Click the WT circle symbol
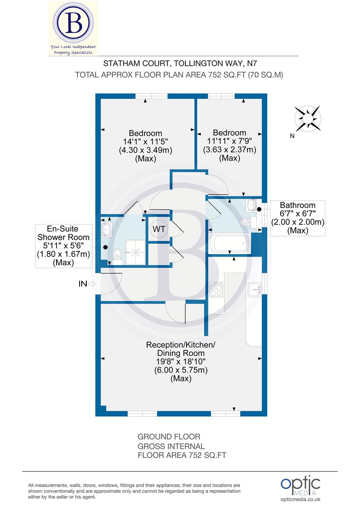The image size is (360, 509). (159, 229)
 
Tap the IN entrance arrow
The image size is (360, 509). (91, 284)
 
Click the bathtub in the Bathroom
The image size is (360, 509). (230, 243)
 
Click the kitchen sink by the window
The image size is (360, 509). (253, 289)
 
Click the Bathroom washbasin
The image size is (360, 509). (251, 205)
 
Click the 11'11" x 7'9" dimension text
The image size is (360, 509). (230, 141)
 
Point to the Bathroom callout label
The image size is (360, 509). (298, 218)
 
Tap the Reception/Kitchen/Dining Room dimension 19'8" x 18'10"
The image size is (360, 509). (181, 361)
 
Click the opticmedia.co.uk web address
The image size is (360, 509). (300, 499)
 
